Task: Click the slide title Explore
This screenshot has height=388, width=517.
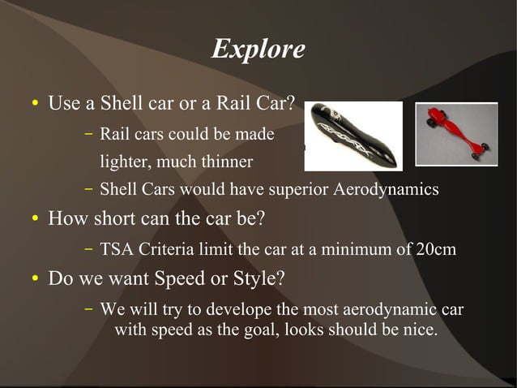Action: (x=258, y=50)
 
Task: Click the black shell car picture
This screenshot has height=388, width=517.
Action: (x=352, y=136)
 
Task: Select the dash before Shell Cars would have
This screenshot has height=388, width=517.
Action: (x=88, y=190)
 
